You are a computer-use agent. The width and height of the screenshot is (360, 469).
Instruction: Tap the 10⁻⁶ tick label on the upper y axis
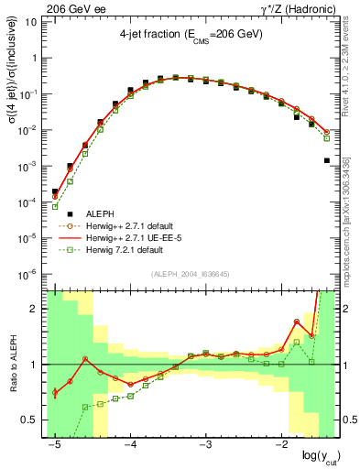click(30, 273)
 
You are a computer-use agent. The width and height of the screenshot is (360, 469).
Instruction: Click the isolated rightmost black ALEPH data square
click(327, 160)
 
